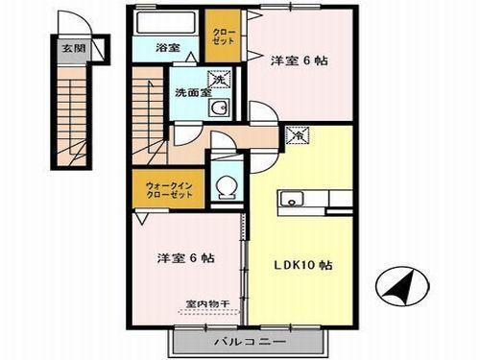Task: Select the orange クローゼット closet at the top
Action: coord(227,40)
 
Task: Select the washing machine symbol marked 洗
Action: coord(219,82)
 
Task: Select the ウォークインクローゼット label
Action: coord(169,189)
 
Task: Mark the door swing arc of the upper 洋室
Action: coord(265,112)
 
